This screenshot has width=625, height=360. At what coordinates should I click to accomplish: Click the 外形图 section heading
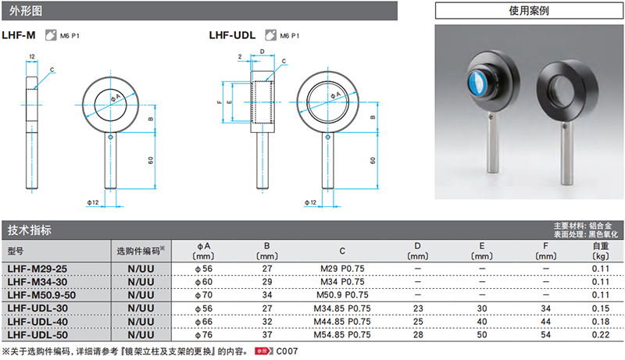24,11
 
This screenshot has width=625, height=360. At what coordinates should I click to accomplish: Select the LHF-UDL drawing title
233,35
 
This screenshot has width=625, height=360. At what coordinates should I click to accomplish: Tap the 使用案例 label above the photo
529,11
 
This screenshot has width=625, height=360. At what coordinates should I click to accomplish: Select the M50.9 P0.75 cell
342,294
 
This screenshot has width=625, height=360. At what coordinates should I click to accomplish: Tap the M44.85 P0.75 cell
342,320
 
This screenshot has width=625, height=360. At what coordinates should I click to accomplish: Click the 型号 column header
16,251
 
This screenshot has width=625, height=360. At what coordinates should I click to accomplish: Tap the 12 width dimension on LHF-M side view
32,57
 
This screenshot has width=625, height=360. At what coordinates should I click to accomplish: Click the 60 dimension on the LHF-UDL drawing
373,160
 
